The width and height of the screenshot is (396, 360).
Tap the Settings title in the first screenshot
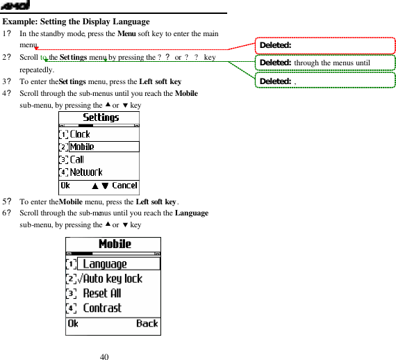point(101,117)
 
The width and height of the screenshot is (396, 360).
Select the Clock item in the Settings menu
point(80,133)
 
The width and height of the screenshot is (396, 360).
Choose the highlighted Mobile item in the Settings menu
point(81,147)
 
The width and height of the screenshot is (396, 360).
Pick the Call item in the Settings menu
point(77,159)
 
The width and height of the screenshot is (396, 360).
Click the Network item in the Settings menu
point(86,172)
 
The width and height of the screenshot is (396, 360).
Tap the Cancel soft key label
point(125,186)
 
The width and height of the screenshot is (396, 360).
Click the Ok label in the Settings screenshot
point(65,186)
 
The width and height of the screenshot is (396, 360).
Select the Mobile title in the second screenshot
point(115,244)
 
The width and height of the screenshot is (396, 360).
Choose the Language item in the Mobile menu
point(105,264)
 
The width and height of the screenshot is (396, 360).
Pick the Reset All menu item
point(102,293)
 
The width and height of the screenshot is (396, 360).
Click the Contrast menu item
point(102,308)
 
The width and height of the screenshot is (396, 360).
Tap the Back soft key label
point(147,323)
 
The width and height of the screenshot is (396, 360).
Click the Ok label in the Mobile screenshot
point(73,323)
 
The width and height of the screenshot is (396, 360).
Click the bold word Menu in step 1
point(126,33)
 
